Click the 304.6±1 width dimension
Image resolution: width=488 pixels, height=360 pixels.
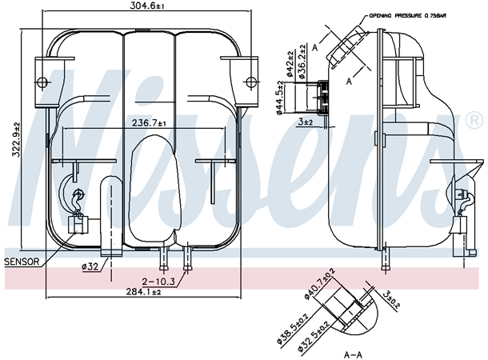tap(148, 6)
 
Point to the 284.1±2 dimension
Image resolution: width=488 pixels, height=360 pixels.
tap(144, 292)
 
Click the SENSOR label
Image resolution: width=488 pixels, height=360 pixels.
tap(22, 262)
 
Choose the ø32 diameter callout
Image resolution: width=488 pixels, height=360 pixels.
tap(90, 266)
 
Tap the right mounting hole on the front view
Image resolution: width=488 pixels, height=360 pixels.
tap(250, 79)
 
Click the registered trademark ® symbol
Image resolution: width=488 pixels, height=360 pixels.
tap(473, 122)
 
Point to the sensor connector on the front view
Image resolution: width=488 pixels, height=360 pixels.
tap(78, 226)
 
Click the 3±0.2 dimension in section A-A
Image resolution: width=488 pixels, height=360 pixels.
tap(390, 302)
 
